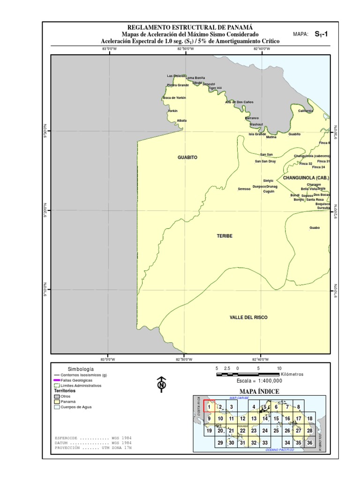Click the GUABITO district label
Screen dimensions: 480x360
[187, 157]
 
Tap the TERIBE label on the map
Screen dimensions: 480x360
[225, 236]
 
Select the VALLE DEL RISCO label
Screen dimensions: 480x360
[248, 317]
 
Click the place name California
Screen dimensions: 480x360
[306, 111]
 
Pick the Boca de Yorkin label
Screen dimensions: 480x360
[174, 97]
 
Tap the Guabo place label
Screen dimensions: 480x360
[315, 228]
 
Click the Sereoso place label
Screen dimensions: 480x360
[244, 189]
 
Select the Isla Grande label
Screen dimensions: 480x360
[257, 134]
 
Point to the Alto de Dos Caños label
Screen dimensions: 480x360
[239, 102]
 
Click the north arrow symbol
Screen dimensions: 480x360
[162, 384]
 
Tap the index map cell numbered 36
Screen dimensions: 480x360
[310, 442]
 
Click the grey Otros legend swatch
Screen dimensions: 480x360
[57, 397]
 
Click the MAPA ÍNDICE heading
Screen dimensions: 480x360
[259, 391]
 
